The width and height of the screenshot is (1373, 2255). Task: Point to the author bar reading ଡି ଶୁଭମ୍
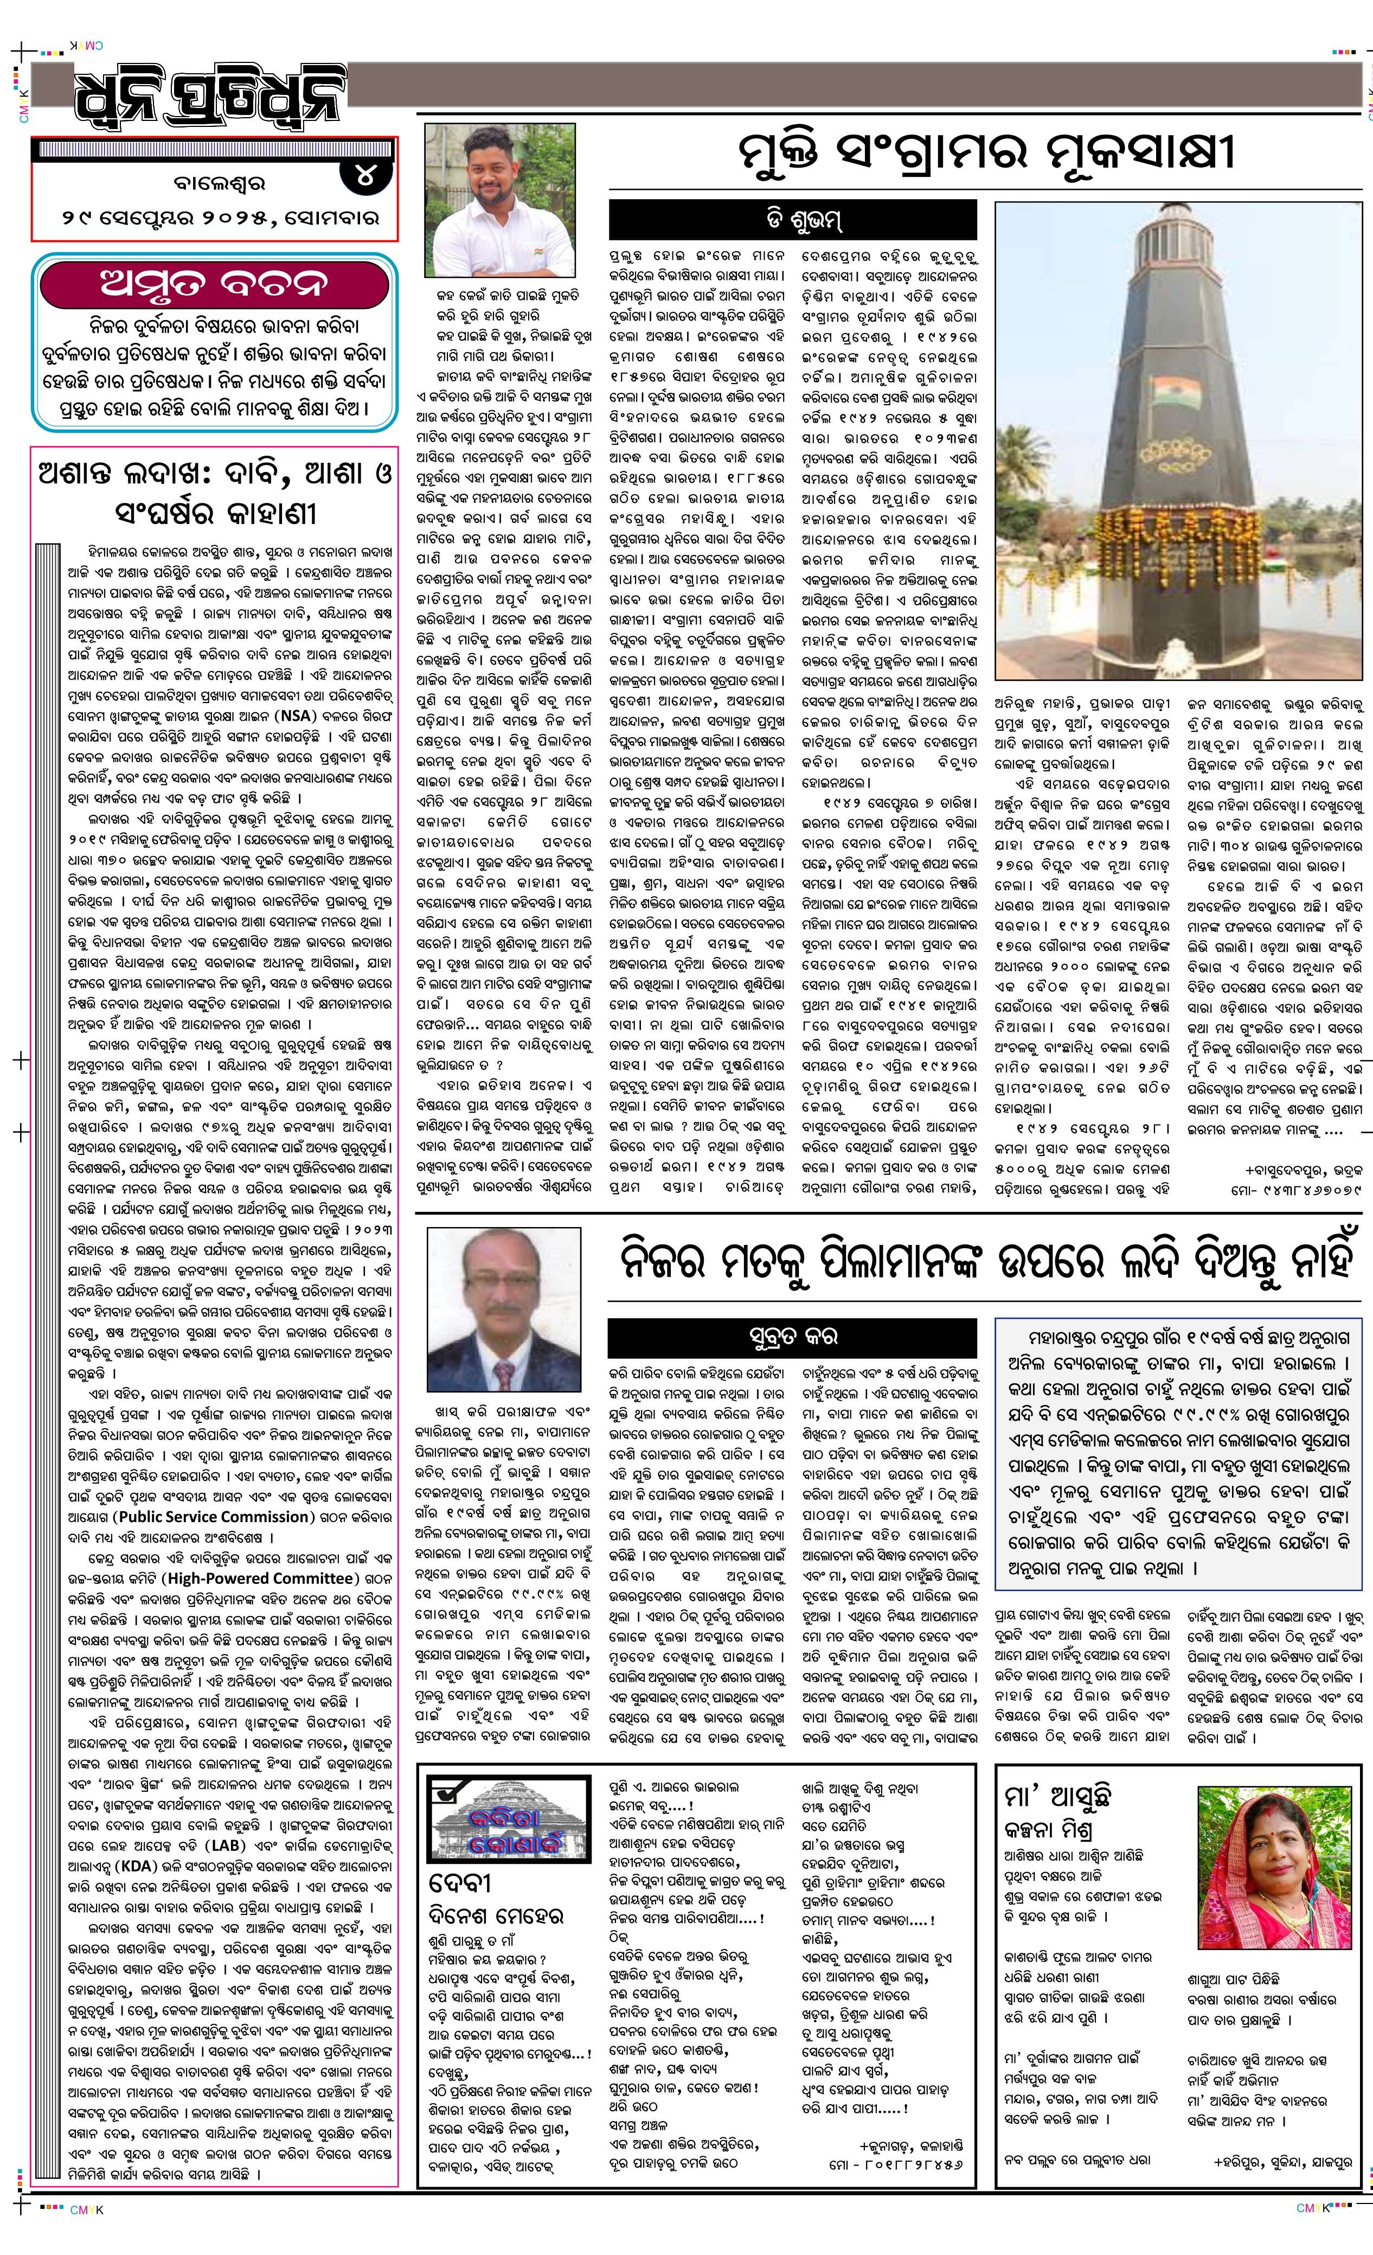792,220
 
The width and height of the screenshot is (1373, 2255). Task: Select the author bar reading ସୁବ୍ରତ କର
792,1337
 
